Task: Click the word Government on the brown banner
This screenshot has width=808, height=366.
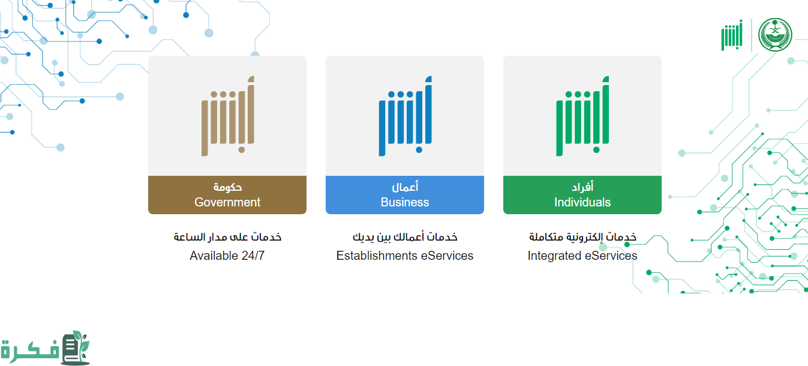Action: [x=227, y=202]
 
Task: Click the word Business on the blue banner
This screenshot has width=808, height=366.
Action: [x=405, y=202]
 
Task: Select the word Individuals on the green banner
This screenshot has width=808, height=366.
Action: [x=582, y=202]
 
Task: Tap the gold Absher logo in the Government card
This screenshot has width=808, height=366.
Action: [x=227, y=116]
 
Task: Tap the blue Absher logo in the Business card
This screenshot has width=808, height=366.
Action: [x=405, y=116]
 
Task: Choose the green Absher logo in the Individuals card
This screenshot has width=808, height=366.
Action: [x=582, y=116]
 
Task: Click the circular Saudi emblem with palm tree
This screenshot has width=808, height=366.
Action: [x=775, y=35]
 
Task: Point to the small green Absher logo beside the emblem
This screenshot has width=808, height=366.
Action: [x=732, y=35]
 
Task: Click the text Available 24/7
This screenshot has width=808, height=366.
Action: [x=227, y=256]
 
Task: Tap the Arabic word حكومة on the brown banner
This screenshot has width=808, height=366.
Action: [x=227, y=187]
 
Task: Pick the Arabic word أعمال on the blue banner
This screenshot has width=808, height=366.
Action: [x=405, y=187]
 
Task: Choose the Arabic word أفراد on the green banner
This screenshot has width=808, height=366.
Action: [x=582, y=187]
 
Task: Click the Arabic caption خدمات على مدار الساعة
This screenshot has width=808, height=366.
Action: [x=227, y=237]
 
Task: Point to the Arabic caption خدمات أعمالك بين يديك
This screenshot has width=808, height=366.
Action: [x=405, y=237]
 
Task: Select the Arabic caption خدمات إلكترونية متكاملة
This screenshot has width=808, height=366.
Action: [x=582, y=237]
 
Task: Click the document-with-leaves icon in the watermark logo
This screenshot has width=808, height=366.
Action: [x=76, y=347]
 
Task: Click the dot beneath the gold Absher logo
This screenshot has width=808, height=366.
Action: [x=242, y=150]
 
